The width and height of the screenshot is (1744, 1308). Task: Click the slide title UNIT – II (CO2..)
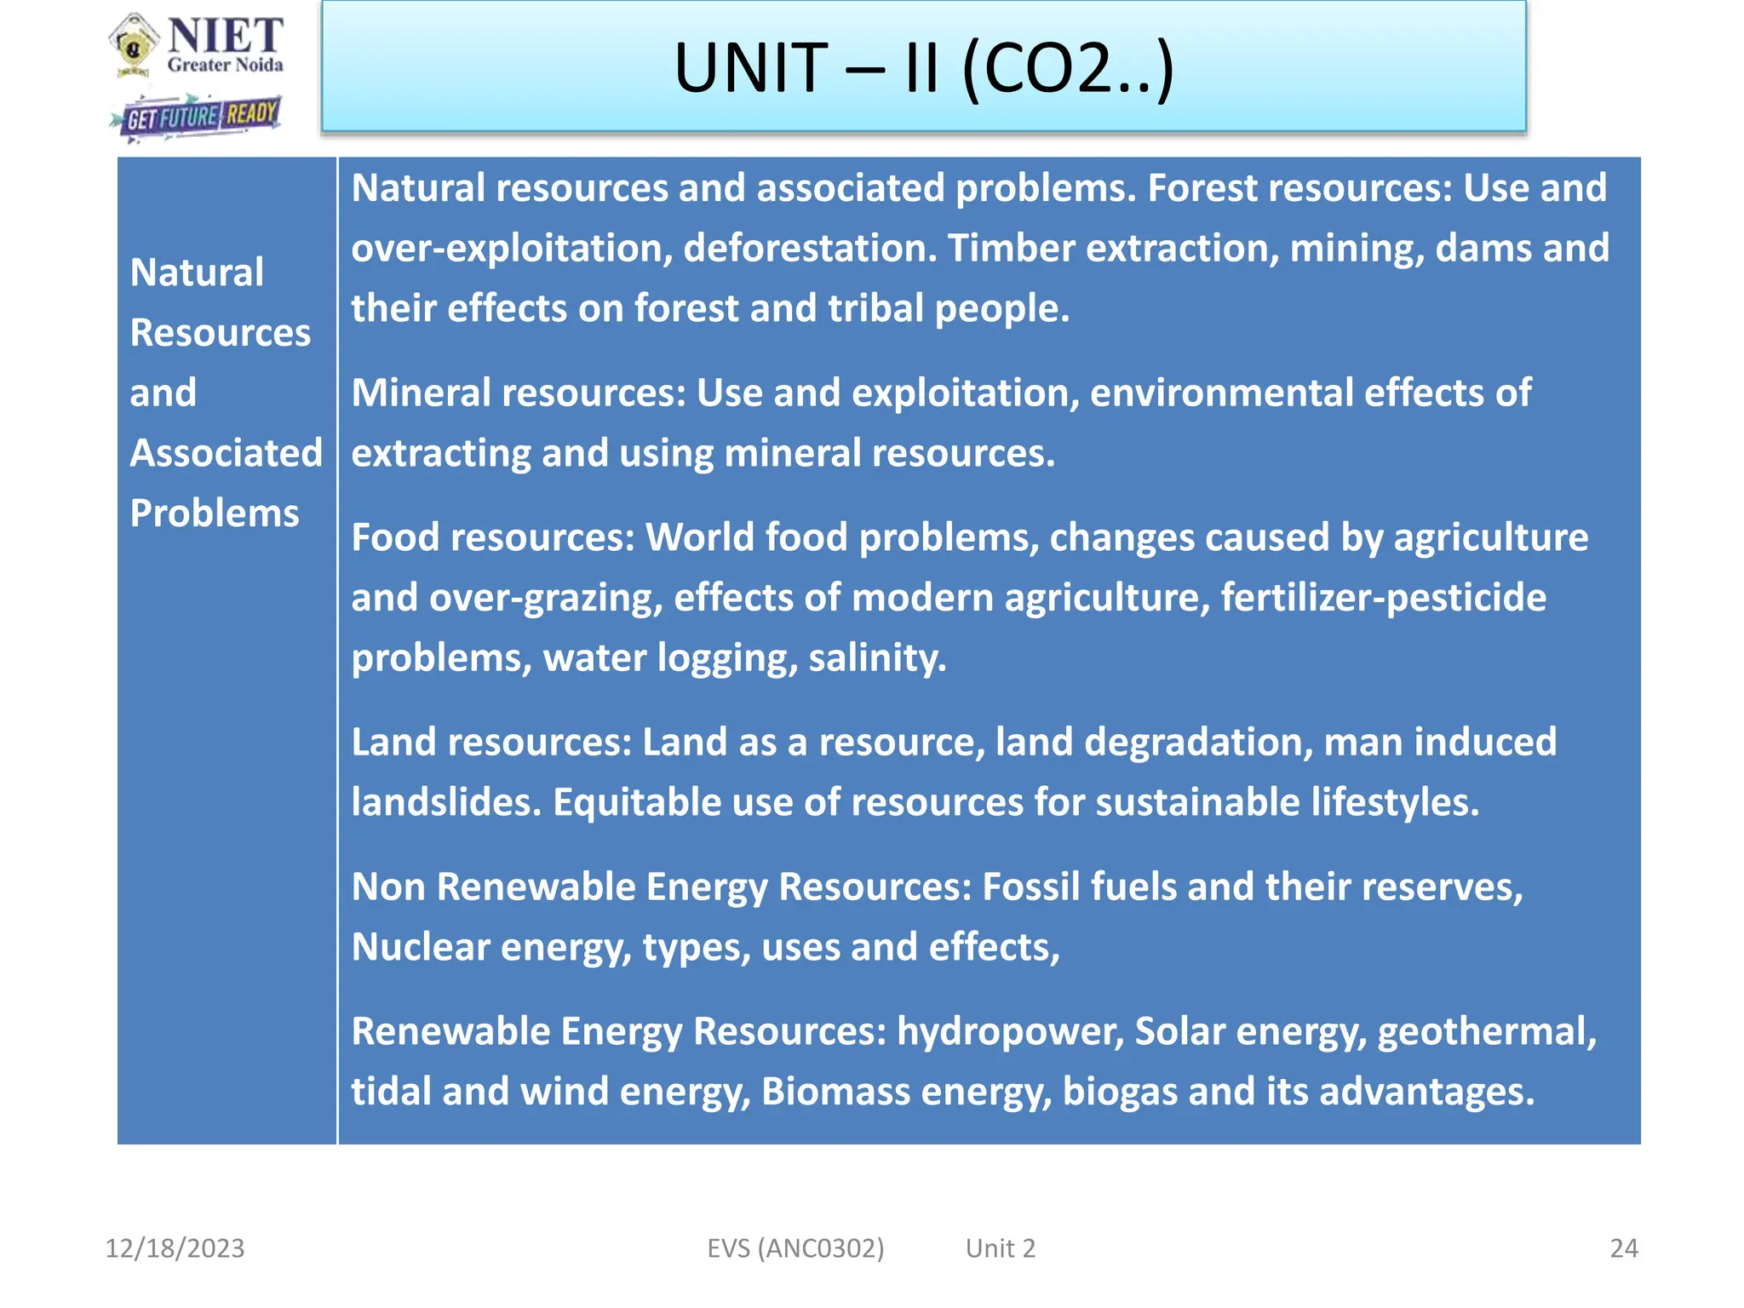pos(924,68)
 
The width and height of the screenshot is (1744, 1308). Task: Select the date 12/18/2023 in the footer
pos(175,1248)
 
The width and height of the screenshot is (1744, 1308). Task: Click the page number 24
pos(1624,1248)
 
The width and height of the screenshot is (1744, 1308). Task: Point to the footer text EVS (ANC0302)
pos(795,1248)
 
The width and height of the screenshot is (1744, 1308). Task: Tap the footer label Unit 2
pos(1001,1248)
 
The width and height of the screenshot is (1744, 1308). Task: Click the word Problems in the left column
pos(215,513)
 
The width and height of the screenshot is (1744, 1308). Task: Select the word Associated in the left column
pos(227,453)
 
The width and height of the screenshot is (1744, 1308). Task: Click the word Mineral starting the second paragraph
pos(422,393)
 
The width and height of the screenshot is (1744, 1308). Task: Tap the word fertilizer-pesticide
pos(1383,598)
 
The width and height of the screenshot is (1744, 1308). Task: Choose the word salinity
pos(877,658)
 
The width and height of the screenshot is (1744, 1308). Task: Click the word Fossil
pos(1030,887)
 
